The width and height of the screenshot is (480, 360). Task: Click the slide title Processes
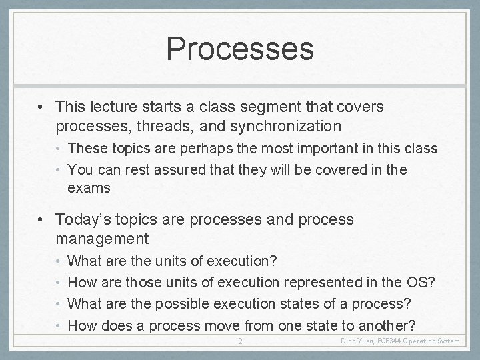pos(239,48)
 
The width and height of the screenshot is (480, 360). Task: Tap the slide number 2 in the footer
pos(241,341)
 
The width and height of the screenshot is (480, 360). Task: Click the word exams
pos(89,188)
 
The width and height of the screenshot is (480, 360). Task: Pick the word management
pos(102,238)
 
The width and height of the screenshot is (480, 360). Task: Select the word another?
pos(383,325)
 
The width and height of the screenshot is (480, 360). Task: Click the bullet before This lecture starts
pos(42,107)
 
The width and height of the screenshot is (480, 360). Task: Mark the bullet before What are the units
pos(59,260)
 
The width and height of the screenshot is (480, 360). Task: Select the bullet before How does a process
pos(59,325)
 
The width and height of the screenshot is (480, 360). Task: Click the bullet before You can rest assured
pos(59,169)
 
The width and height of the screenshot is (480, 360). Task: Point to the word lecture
pos(110,107)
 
